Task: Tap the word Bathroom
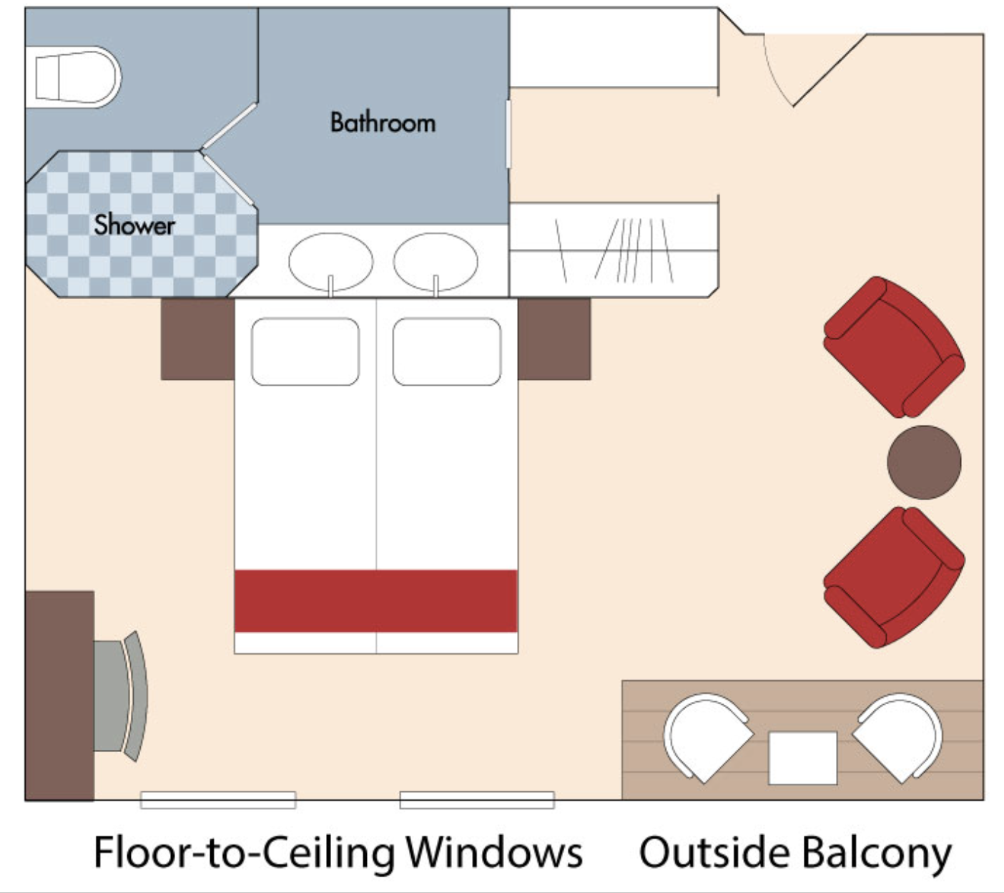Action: [x=383, y=123]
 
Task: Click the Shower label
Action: [x=134, y=225]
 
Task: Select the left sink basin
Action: [x=330, y=260]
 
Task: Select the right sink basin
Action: [x=435, y=260]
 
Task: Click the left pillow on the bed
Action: [x=305, y=351]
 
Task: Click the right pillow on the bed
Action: [x=447, y=351]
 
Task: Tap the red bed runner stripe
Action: [x=376, y=600]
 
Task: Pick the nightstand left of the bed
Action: [x=197, y=339]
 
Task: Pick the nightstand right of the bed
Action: [x=554, y=339]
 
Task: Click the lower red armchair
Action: [x=893, y=577]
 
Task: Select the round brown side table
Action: [x=924, y=462]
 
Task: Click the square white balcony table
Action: [x=802, y=758]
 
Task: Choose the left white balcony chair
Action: [x=704, y=737]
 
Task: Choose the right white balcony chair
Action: [x=899, y=737]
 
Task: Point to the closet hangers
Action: [x=615, y=250]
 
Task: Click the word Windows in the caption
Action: [x=493, y=853]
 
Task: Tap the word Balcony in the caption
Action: [x=875, y=853]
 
